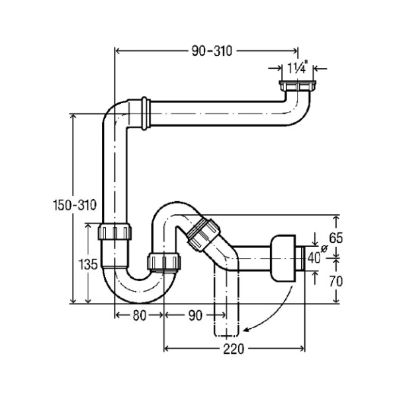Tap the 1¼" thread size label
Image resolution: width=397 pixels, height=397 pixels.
296,67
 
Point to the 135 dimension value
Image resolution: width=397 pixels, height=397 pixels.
90,264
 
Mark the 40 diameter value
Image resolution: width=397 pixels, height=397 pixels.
314,257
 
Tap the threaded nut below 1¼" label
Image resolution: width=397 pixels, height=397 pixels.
297,87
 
